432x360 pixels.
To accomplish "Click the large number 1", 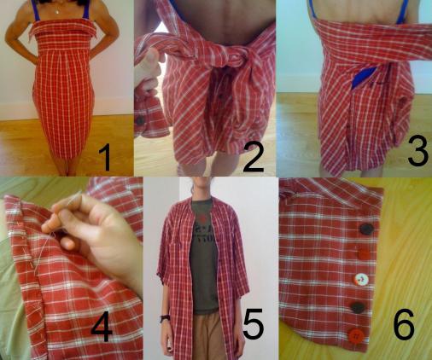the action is pyautogui.click(x=105, y=157).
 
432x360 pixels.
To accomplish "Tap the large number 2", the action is pyautogui.click(x=254, y=157).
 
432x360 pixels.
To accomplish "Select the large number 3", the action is pyautogui.click(x=417, y=151).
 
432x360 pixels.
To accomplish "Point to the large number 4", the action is pyautogui.click(x=102, y=326).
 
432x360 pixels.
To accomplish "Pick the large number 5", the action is pyautogui.click(x=254, y=323).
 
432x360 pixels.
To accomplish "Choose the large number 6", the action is pyautogui.click(x=404, y=324).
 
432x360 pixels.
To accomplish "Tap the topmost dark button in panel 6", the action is pyautogui.click(x=366, y=229).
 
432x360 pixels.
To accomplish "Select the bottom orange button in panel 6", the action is pyautogui.click(x=355, y=335).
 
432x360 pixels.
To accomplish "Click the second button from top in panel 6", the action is pyautogui.click(x=364, y=253).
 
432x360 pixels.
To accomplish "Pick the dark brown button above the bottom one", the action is pyautogui.click(x=358, y=307).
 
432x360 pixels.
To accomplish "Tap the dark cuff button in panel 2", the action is pyautogui.click(x=140, y=120).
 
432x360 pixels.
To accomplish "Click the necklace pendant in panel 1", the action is pyautogui.click(x=58, y=12).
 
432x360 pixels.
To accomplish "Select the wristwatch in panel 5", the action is pyautogui.click(x=165, y=318).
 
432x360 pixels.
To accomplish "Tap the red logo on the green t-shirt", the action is pyautogui.click(x=202, y=219).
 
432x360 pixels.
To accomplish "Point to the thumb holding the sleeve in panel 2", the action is pyautogui.click(x=150, y=58).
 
